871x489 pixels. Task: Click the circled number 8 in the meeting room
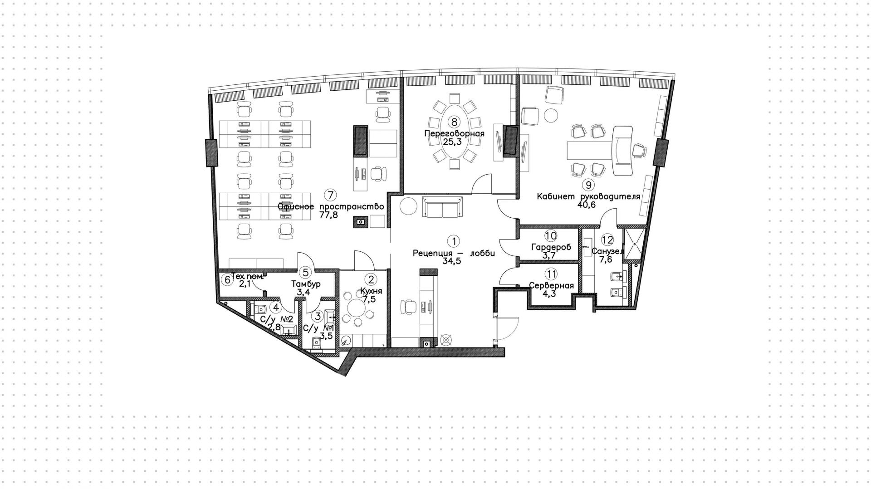[x=454, y=122]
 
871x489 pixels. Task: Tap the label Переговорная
[x=454, y=133]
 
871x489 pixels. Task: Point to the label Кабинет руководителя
[x=588, y=196]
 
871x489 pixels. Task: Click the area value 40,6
[x=586, y=205]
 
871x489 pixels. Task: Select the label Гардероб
[x=551, y=247]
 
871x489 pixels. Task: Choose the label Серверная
[x=551, y=286]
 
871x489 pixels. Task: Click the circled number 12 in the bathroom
[x=607, y=240]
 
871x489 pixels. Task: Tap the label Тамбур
[x=306, y=284]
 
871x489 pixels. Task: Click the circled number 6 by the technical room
[x=227, y=279]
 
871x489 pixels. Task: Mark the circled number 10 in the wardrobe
[x=551, y=235]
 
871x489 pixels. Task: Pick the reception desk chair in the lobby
[x=409, y=307]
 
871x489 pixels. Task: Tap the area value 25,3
[x=454, y=141]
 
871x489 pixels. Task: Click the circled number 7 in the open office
[x=330, y=195]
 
